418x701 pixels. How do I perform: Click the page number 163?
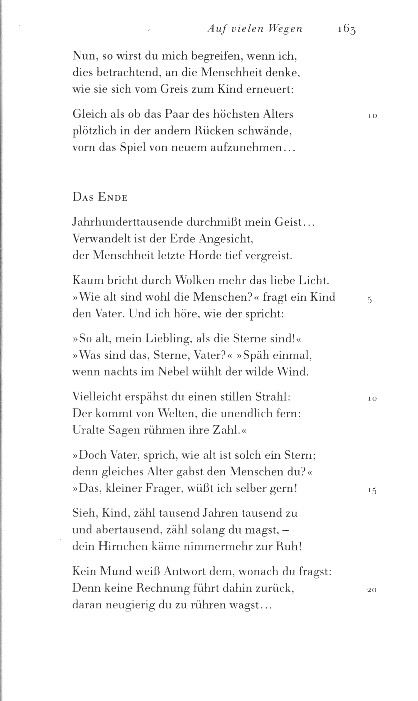(x=346, y=30)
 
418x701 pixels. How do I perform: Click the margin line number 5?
(x=370, y=300)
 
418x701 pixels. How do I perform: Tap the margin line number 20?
(x=372, y=590)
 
